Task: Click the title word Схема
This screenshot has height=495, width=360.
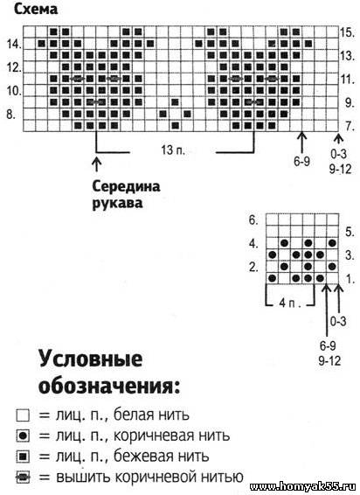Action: point(36,10)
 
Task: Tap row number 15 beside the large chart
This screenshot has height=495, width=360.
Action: point(348,32)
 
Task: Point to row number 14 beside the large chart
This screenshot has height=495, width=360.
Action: point(14,45)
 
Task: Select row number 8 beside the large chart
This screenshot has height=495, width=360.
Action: point(10,114)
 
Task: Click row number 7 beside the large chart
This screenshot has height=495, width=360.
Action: point(350,126)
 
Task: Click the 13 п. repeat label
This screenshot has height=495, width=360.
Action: point(173,150)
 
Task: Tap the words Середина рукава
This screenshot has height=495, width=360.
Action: point(126,194)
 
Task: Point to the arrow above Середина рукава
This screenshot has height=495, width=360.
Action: point(96,164)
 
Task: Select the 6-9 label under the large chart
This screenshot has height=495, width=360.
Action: point(301,162)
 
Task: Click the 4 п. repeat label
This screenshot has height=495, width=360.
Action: point(290,303)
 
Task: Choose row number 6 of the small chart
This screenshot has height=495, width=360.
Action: point(253,220)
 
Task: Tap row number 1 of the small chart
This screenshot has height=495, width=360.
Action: point(350,279)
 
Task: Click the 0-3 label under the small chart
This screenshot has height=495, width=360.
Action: point(338,321)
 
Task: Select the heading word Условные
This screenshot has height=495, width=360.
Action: point(91,359)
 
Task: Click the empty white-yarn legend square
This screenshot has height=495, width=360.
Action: point(23,415)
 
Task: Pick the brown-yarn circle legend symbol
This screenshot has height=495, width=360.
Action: point(23,436)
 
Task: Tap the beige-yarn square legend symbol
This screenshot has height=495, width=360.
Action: point(23,457)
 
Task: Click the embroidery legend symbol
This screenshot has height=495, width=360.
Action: point(23,477)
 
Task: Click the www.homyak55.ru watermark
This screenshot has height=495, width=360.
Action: point(302,487)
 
